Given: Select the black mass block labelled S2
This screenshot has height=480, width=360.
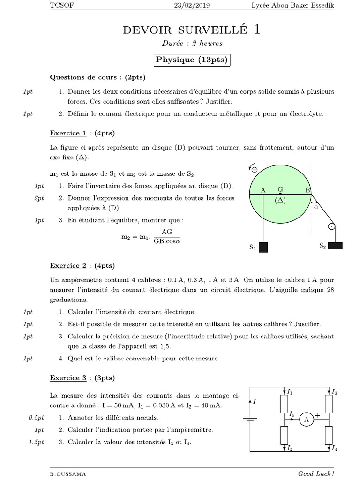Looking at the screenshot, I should pyautogui.click(x=336, y=245).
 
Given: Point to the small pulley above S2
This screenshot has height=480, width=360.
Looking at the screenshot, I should pyautogui.click(x=331, y=227).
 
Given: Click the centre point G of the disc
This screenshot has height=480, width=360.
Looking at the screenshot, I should pyautogui.click(x=280, y=193).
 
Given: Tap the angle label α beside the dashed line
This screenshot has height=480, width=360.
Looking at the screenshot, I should pyautogui.click(x=315, y=205).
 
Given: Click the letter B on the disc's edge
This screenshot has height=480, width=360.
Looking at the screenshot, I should pyautogui.click(x=307, y=190).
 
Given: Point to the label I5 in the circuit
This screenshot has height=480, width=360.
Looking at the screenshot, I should pyautogui.click(x=292, y=414).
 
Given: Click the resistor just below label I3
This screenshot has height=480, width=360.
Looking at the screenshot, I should pyautogui.click(x=329, y=403).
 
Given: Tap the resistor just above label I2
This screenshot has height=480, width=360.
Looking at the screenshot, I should pyautogui.click(x=285, y=435).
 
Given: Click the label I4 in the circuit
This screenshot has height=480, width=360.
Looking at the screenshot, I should pyautogui.click(x=334, y=449).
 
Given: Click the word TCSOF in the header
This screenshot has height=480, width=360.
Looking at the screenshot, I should pyautogui.click(x=61, y=5).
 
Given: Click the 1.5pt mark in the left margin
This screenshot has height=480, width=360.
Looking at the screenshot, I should pyautogui.click(x=34, y=442).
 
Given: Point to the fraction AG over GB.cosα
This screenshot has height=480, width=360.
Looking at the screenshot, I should pyautogui.click(x=167, y=237).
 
